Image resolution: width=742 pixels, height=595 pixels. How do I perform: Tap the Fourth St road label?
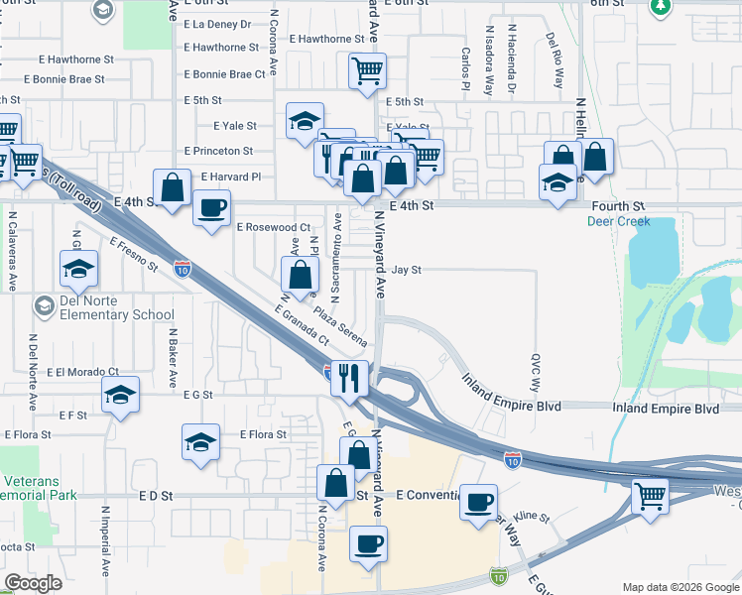click(x=618, y=206)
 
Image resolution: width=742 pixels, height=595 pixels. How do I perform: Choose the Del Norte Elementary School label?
click(x=89, y=308)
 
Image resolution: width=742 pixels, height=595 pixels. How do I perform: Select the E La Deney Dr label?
click(x=217, y=24)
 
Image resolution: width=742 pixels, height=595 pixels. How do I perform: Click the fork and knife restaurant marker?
click(x=349, y=377)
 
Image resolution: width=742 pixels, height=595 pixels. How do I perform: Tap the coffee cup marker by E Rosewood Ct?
click(x=212, y=209)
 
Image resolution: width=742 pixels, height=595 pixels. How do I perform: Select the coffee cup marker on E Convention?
click(x=479, y=501)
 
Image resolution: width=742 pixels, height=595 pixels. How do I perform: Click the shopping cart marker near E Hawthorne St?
click(x=367, y=70)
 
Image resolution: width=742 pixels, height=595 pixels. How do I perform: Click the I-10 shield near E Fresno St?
click(x=182, y=268)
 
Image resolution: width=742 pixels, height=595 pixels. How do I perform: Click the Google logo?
click(x=33, y=583)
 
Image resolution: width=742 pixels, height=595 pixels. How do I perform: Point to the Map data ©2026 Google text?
click(x=680, y=587)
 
